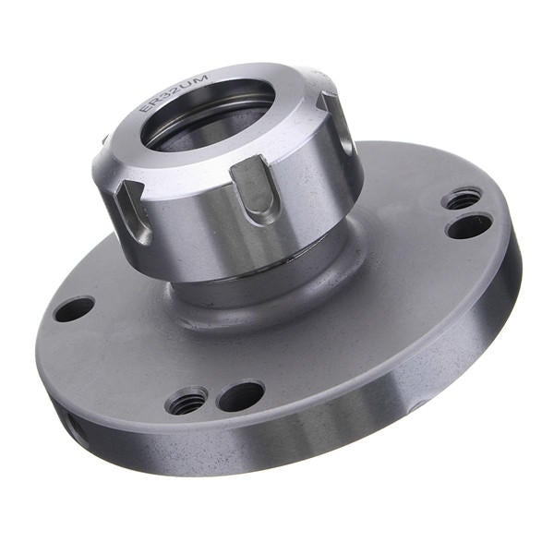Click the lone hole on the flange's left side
click(x=74, y=308)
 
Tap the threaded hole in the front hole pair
click(x=187, y=401)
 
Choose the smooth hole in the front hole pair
click(x=241, y=395)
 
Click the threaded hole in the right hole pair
click(x=462, y=198)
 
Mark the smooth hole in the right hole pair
click(x=469, y=225)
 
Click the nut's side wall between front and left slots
click(x=189, y=226)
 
